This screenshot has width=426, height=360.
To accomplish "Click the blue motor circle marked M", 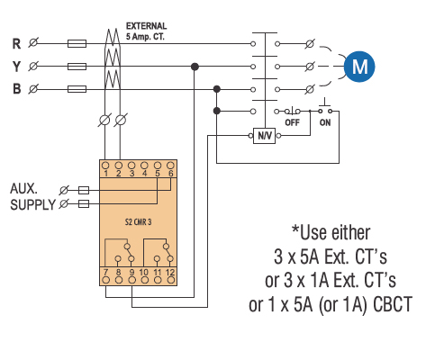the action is coord(359,67).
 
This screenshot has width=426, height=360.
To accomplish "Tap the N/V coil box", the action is coord(265,136).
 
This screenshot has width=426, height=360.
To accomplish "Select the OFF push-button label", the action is coord(292,122).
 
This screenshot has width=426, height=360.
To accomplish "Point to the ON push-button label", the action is coord(325,122).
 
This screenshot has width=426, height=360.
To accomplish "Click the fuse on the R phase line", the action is coord(77,44).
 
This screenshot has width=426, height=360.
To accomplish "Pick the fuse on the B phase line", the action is coord(77,89).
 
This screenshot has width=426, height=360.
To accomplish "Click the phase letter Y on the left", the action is coord(16,67).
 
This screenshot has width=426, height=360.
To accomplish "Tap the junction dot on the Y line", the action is coord(195,67).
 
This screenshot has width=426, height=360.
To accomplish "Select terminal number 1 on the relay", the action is coord(105,174).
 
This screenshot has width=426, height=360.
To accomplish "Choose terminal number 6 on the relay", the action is coord(170,174).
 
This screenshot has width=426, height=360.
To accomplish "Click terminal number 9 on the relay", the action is coord(131,273).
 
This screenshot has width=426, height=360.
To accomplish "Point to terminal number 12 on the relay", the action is coord(170,273).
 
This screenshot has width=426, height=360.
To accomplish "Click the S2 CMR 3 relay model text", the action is coord(138,222).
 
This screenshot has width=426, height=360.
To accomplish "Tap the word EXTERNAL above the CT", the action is coord(146,26).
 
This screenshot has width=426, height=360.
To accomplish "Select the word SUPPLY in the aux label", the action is coord(33,205).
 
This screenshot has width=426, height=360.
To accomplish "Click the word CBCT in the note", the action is coord(393,304).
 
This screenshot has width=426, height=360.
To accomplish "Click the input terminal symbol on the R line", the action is coord(33,42).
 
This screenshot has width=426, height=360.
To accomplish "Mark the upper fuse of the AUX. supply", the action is coord(84,190).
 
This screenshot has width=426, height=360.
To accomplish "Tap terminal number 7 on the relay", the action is coord(105,273).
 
